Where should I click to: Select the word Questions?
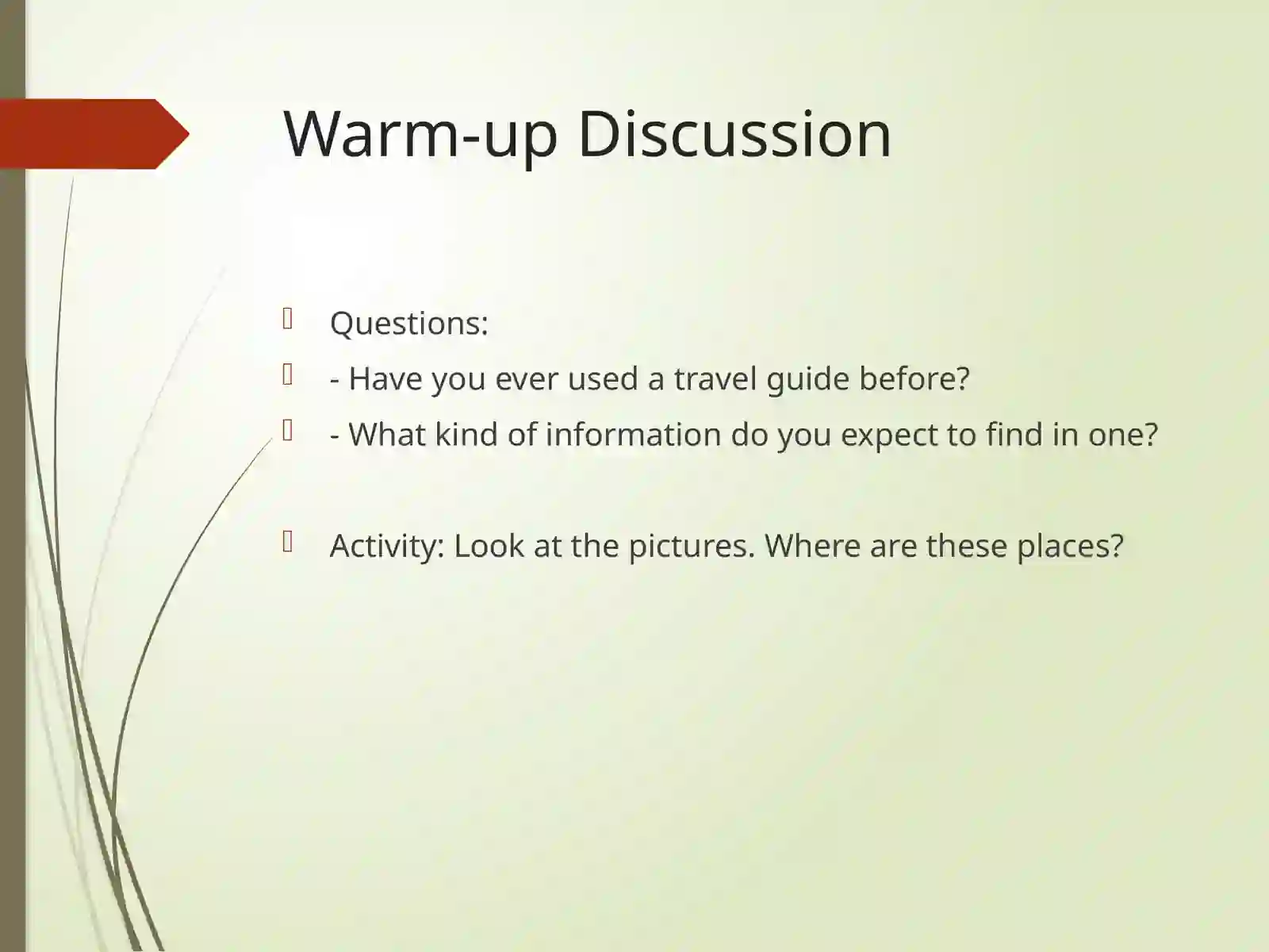[408, 324]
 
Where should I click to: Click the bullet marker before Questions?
[288, 319]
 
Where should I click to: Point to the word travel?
[715, 379]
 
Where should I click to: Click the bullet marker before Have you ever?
[288, 374]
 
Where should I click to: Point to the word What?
[386, 435]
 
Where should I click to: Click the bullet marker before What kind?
[288, 430]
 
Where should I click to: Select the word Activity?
[387, 546]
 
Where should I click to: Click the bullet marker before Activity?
[288, 541]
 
